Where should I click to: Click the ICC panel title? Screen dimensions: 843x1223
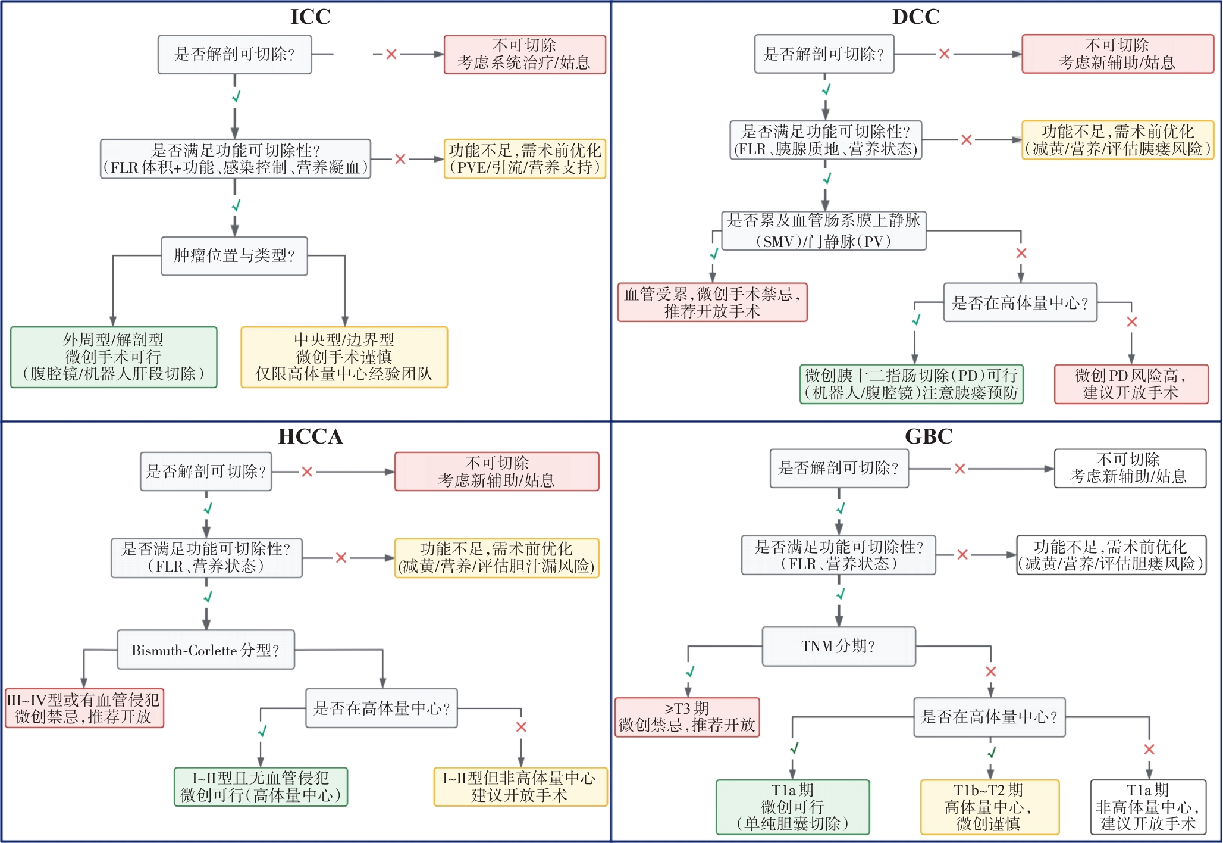pyautogui.click(x=310, y=17)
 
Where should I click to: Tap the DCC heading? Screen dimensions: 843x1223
pyautogui.click(x=915, y=17)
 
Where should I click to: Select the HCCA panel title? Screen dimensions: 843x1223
pyautogui.click(x=310, y=436)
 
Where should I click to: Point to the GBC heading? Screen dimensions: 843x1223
pyautogui.click(x=928, y=436)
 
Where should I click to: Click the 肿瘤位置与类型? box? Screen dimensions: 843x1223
pyautogui.click(x=234, y=256)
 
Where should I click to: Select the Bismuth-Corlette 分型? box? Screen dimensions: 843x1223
pyautogui.click(x=206, y=650)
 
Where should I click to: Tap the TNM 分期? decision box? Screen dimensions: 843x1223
pyautogui.click(x=839, y=646)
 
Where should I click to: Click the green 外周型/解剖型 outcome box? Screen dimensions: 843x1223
pyautogui.click(x=114, y=357)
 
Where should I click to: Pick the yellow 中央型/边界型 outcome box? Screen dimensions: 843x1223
pyautogui.click(x=344, y=357)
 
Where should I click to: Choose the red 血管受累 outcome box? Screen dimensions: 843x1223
pyautogui.click(x=712, y=302)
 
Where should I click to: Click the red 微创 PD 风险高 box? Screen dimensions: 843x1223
pyautogui.click(x=1131, y=384)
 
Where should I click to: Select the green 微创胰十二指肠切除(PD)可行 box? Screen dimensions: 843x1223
pyautogui.click(x=911, y=384)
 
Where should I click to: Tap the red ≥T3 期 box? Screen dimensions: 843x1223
pyautogui.click(x=687, y=717)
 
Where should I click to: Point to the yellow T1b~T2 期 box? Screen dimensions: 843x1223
pyautogui.click(x=989, y=807)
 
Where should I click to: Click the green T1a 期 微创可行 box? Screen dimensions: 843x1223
pyautogui.click(x=792, y=807)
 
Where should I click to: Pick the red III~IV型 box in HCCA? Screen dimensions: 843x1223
pyautogui.click(x=84, y=708)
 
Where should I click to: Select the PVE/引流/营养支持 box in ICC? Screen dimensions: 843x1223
pyautogui.click(x=525, y=159)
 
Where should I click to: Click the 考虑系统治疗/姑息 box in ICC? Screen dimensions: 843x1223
pyautogui.click(x=525, y=54)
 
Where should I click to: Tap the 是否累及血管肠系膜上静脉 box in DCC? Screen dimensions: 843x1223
pyautogui.click(x=824, y=230)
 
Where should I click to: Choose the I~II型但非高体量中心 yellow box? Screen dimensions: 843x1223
pyautogui.click(x=520, y=786)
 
